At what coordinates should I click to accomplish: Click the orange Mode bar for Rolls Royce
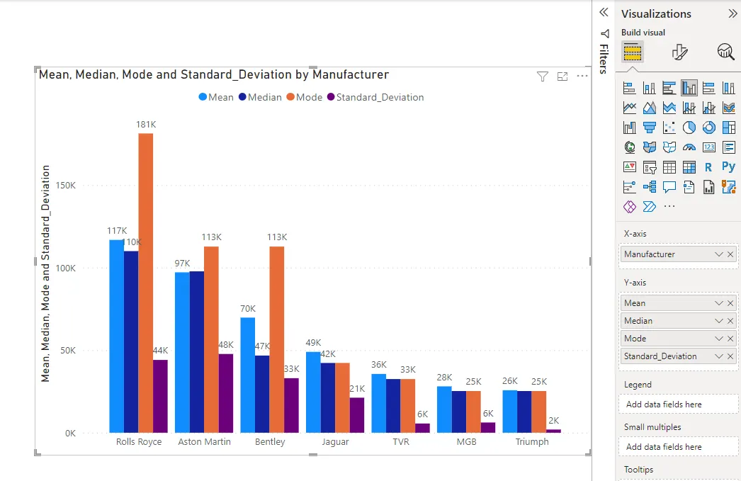click(145, 283)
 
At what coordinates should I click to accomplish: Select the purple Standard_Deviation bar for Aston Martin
click(225, 393)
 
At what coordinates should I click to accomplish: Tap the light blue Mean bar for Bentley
click(247, 375)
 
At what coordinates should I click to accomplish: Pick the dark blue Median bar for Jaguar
click(327, 397)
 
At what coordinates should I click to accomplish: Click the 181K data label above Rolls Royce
click(146, 125)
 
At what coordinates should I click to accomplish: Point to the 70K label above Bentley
click(247, 309)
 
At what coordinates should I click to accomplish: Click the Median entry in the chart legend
click(260, 97)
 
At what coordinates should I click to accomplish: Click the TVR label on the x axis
click(401, 442)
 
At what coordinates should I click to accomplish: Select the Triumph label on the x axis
click(531, 442)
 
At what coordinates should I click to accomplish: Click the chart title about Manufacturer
click(213, 74)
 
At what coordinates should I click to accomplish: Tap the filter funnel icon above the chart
click(543, 77)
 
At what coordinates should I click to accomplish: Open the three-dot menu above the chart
click(582, 77)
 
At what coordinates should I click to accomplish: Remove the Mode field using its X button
click(730, 339)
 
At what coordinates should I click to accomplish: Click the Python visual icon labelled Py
click(728, 167)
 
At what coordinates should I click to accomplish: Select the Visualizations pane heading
click(656, 13)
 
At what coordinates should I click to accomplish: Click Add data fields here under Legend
click(664, 404)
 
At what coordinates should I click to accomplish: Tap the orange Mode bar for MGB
click(473, 412)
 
